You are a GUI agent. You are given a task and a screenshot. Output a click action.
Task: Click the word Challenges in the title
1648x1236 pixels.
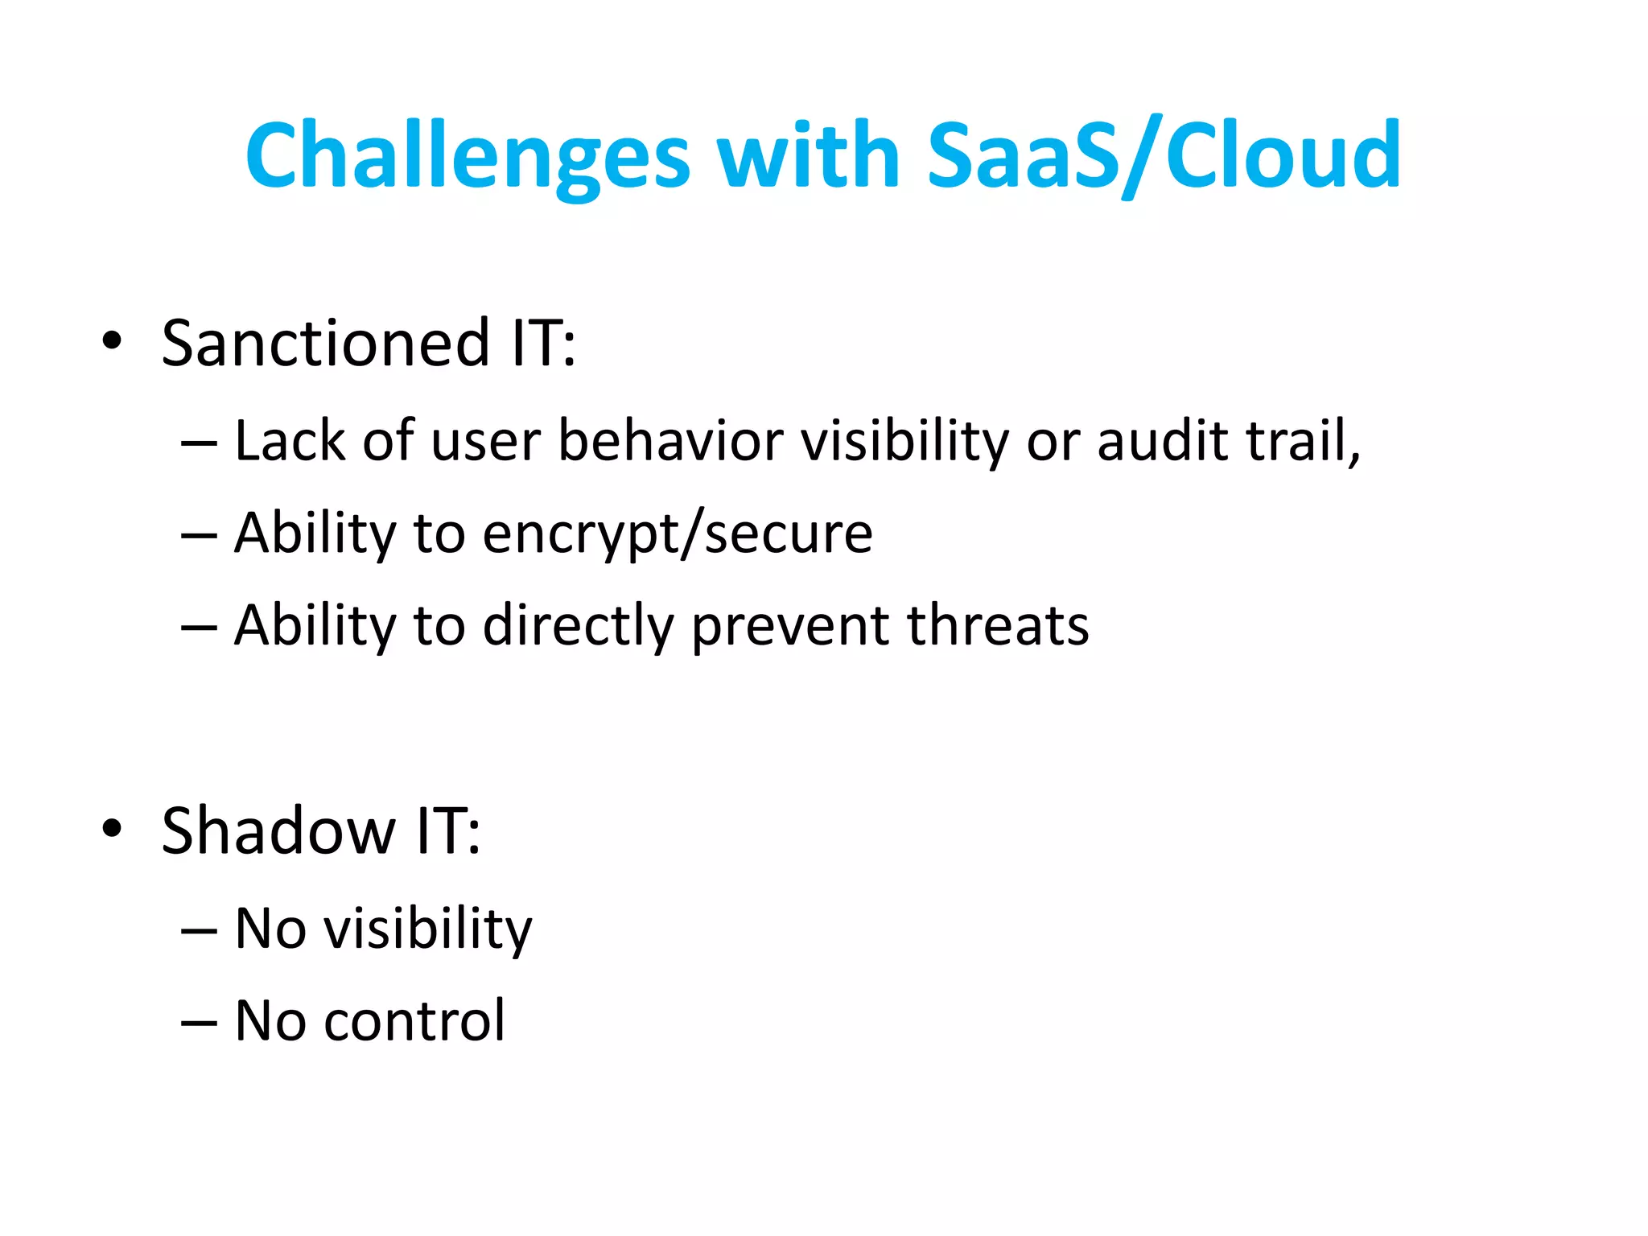pos(468,156)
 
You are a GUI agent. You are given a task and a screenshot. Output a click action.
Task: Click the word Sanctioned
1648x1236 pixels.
pos(325,344)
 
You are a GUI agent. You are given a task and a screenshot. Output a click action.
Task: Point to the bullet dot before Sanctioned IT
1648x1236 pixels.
pos(112,340)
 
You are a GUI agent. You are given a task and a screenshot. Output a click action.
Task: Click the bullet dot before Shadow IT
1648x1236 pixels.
pos(112,828)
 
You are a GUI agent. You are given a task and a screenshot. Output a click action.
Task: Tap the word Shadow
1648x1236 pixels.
pos(278,831)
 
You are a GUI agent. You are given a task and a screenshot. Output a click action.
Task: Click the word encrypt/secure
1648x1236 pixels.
pos(677,535)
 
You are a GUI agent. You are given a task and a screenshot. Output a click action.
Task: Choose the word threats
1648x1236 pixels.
pos(997,627)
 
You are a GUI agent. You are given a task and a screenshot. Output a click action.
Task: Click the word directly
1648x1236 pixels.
pos(578,627)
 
